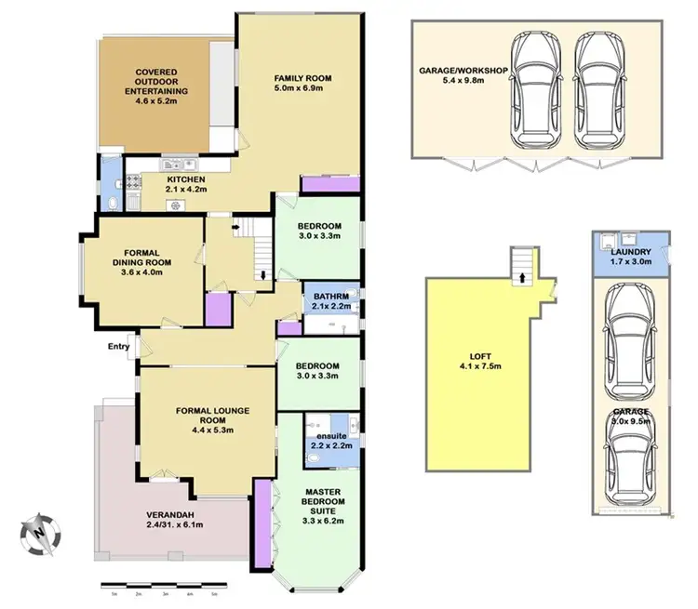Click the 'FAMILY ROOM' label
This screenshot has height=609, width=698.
302,78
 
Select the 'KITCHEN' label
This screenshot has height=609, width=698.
185,179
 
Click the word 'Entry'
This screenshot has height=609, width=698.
118,347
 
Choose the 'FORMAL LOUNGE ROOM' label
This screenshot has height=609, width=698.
210,414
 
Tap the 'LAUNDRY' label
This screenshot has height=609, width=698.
630,252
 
